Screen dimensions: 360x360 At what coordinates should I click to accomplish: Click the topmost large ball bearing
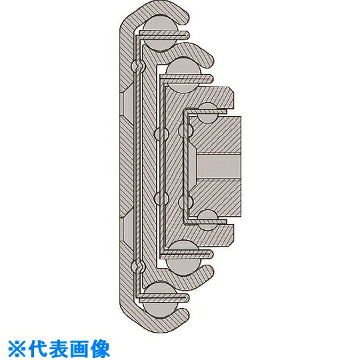pyautogui.click(x=160, y=33)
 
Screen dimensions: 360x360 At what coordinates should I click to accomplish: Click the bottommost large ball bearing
pyautogui.click(x=160, y=301)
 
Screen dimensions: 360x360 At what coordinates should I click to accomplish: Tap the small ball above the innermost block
pyautogui.click(x=207, y=113)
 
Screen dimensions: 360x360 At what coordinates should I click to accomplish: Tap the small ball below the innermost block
pyautogui.click(x=207, y=220)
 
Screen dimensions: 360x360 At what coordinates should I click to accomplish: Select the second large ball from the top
pyautogui.click(x=183, y=76)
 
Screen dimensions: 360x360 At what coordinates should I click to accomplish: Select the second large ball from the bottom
pyautogui.click(x=183, y=257)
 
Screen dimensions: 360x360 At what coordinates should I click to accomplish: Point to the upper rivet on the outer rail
pyautogui.click(x=138, y=66)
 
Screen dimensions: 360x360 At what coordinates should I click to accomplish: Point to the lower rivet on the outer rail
pyautogui.click(x=138, y=267)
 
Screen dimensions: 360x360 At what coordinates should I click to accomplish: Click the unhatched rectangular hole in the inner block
pyautogui.click(x=218, y=167)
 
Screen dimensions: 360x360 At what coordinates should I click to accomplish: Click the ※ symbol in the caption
pyautogui.click(x=17, y=349)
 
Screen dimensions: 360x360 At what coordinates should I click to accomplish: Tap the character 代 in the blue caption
pyautogui.click(x=37, y=349)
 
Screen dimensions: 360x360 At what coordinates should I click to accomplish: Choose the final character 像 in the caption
pyautogui.click(x=99, y=349)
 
